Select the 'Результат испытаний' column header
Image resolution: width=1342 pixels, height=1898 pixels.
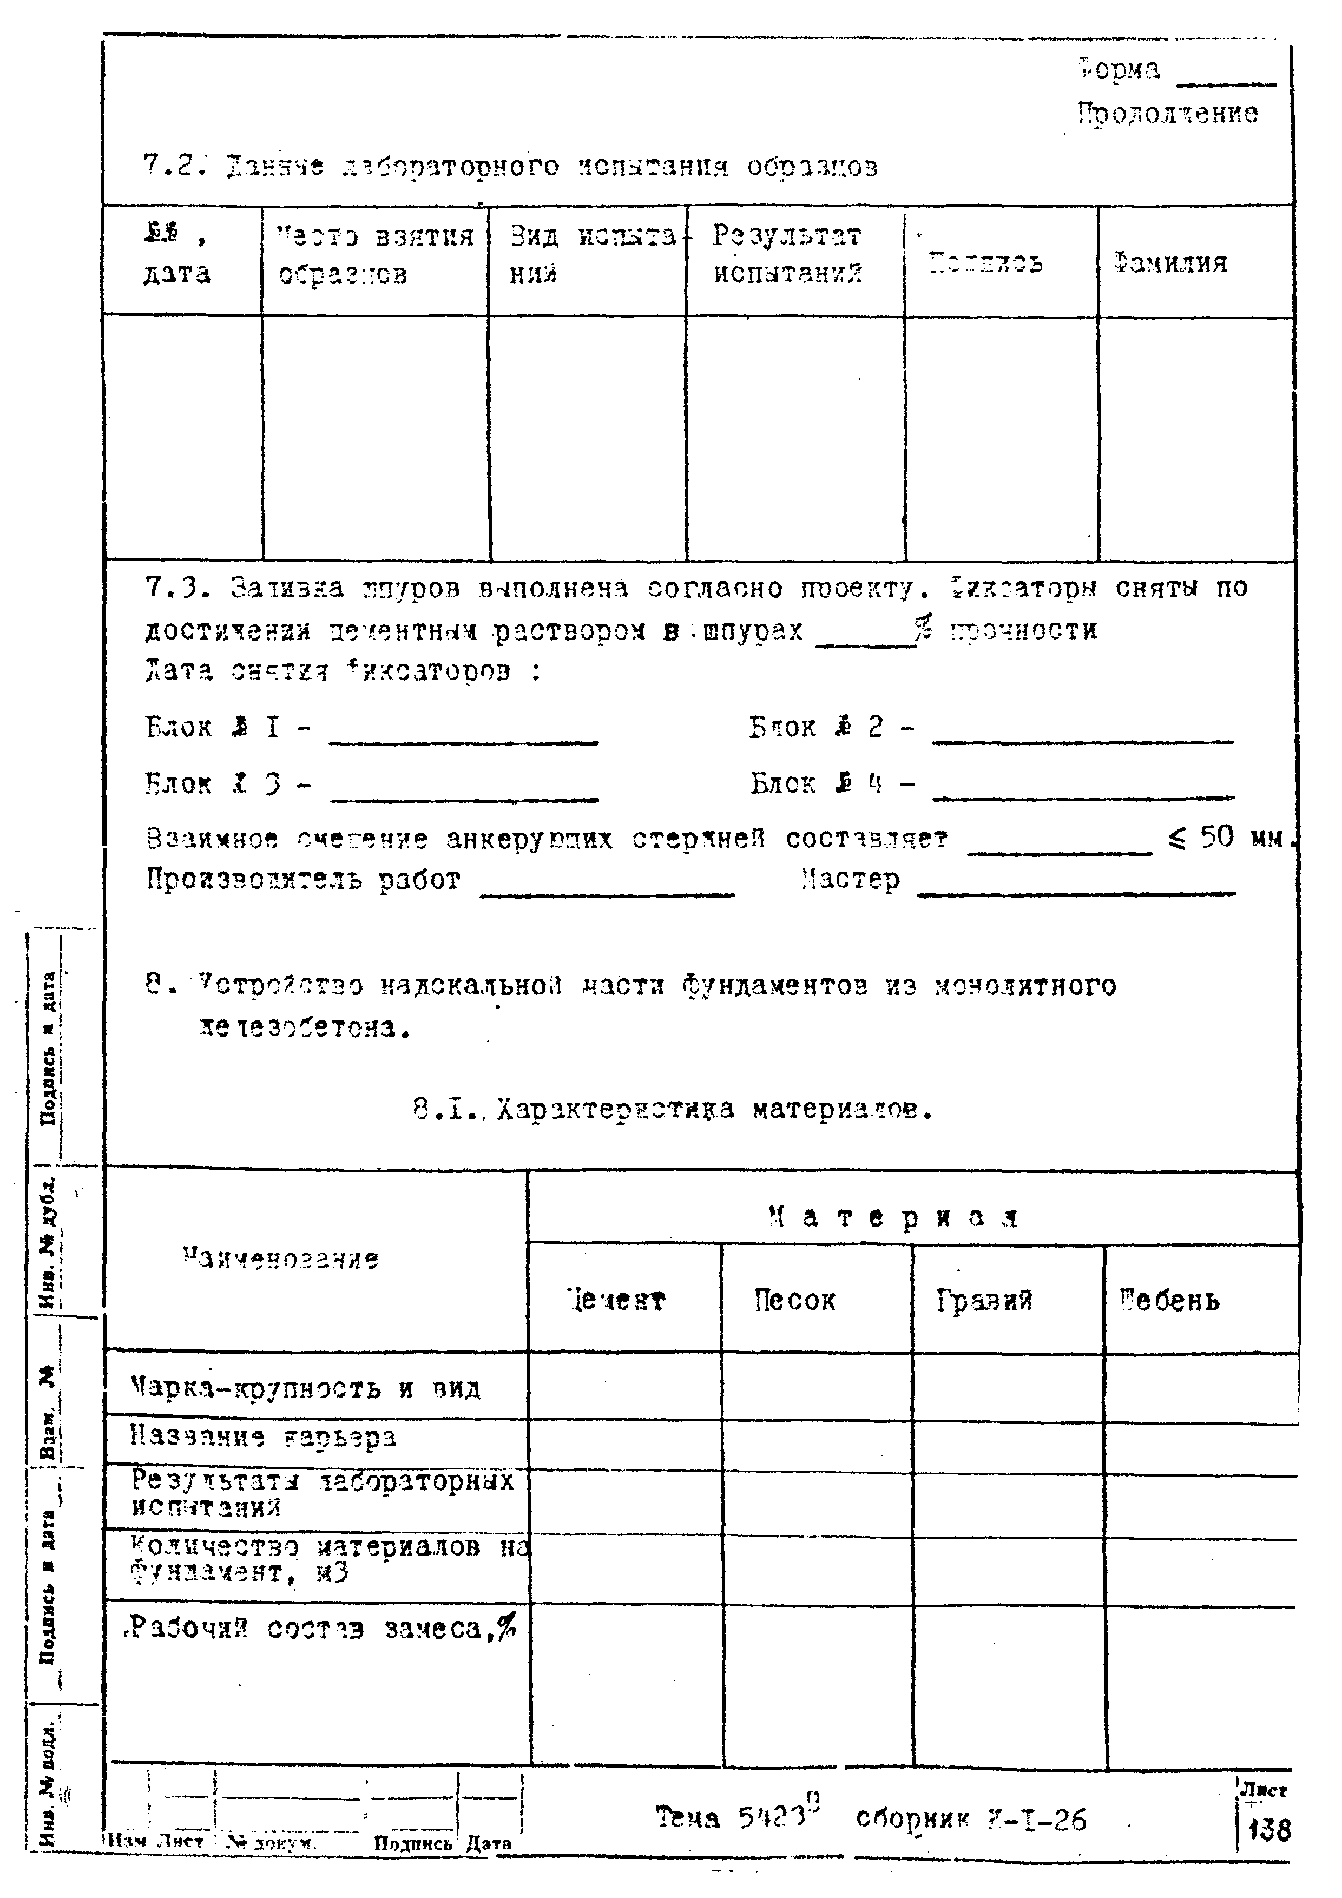coord(787,255)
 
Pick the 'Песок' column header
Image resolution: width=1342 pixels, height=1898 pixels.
coord(794,1301)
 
